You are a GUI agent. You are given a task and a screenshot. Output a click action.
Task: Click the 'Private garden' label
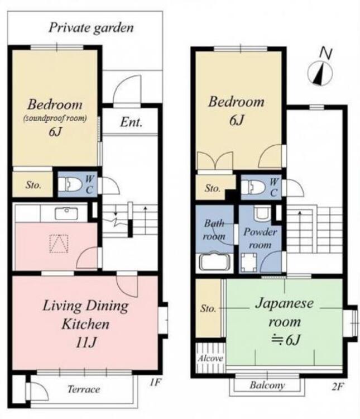click(91, 27)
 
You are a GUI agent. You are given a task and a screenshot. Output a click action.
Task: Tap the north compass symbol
click(320, 72)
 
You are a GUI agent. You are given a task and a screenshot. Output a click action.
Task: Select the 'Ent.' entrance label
click(131, 122)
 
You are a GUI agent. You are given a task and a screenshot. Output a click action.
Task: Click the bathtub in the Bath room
click(214, 262)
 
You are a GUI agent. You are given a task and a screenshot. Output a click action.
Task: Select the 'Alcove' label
click(209, 358)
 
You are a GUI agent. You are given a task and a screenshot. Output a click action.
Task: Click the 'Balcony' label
click(267, 385)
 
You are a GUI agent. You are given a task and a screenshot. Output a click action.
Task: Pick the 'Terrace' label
click(84, 389)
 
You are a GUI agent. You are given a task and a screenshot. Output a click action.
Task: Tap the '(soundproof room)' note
click(55, 118)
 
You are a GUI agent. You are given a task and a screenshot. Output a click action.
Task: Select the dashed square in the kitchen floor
click(58, 244)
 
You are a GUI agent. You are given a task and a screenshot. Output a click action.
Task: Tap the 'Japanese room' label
click(285, 312)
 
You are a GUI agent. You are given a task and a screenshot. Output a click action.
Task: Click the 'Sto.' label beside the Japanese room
click(209, 308)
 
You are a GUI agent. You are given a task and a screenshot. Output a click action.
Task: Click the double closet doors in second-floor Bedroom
click(215, 160)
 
